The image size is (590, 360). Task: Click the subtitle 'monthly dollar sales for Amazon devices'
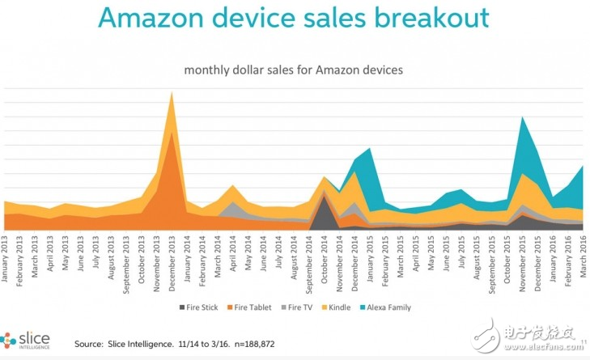pyautogui.click(x=294, y=70)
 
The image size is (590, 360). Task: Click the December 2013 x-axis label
pyautogui.click(x=172, y=257)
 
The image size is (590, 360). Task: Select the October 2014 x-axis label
pyautogui.click(x=324, y=257)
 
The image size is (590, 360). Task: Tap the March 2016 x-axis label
pyautogui.click(x=581, y=257)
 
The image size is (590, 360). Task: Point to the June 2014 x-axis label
pyautogui.click(x=264, y=257)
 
